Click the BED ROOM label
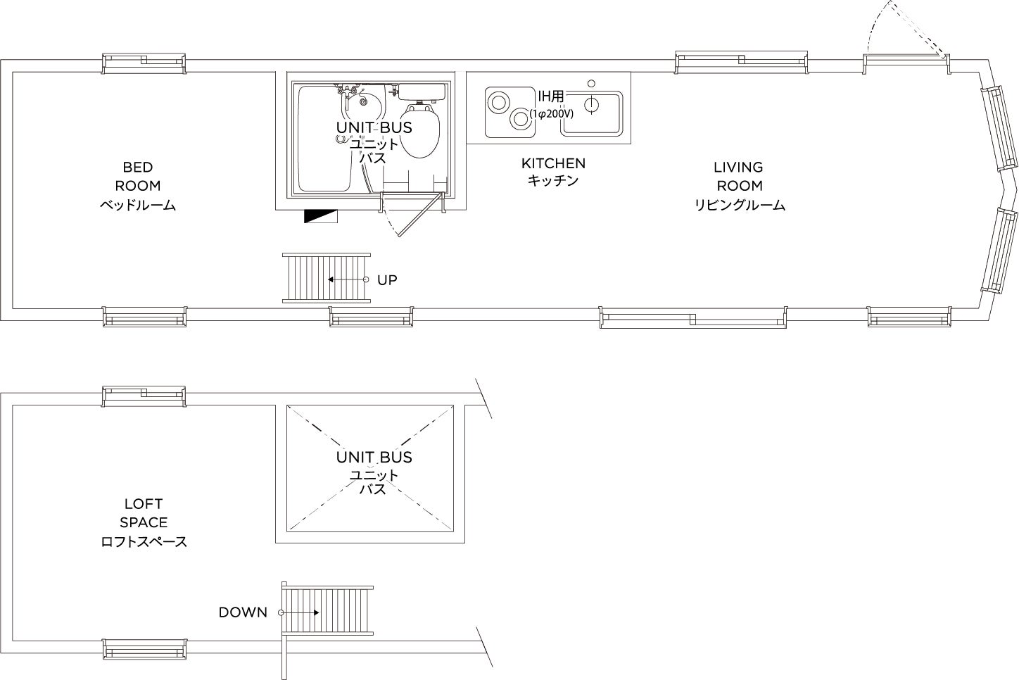click(x=138, y=186)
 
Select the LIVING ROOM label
click(x=740, y=186)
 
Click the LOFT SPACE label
click(x=144, y=522)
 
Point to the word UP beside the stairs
click(x=387, y=280)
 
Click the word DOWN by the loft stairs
click(x=243, y=612)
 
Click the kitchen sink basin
click(x=591, y=113)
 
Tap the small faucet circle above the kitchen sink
click(x=591, y=83)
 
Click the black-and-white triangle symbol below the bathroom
click(x=321, y=216)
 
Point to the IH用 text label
click(x=551, y=96)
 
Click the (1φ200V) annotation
click(x=551, y=114)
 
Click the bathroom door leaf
click(x=420, y=215)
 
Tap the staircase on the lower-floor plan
click(x=327, y=278)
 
